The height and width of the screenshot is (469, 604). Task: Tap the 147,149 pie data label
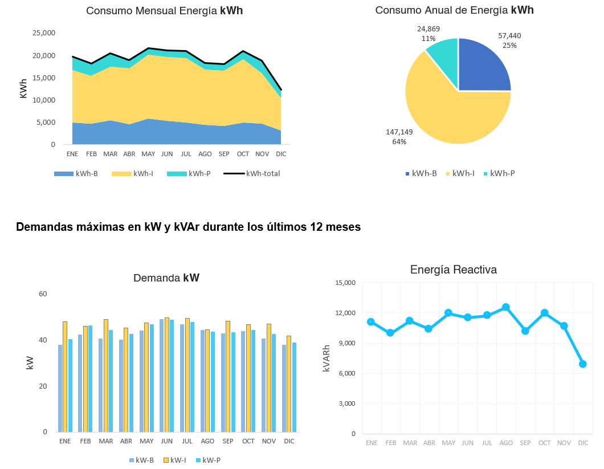[x=399, y=132]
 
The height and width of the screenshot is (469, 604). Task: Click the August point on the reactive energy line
[x=505, y=307]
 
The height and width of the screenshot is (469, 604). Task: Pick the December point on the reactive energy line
[x=583, y=364]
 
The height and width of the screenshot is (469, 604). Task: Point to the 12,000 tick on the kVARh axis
[x=345, y=313]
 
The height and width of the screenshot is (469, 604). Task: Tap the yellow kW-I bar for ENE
[x=65, y=376]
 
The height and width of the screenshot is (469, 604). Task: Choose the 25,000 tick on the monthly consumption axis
[x=43, y=33]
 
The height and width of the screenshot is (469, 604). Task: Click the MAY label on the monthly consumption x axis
[x=148, y=154]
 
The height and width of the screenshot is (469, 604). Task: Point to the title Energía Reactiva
[x=453, y=270]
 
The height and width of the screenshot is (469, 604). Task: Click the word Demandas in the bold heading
[x=44, y=227]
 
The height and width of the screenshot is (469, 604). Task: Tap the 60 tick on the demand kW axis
[x=43, y=294]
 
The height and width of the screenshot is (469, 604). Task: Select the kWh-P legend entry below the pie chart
[x=502, y=173]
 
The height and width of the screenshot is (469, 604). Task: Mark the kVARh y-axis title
[x=327, y=358]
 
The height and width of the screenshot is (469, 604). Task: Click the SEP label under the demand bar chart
[x=228, y=441]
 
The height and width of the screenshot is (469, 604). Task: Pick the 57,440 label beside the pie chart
[x=509, y=35]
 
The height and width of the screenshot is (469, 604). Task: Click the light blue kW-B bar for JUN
[x=162, y=375]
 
